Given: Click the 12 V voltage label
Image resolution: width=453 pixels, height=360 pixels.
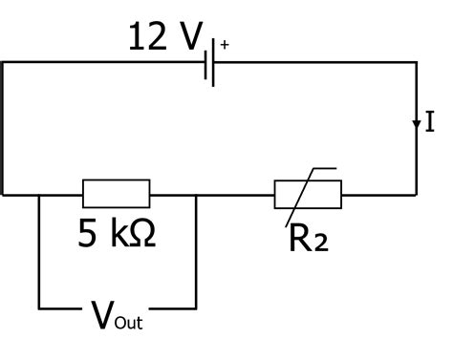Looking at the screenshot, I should (x=164, y=38).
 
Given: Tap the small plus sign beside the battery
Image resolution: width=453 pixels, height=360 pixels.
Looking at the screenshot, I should (x=226, y=44).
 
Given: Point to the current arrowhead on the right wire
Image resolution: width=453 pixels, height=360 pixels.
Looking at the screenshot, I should (x=417, y=124).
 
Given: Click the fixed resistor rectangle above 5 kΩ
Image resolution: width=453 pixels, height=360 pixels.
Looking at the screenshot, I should (x=116, y=194).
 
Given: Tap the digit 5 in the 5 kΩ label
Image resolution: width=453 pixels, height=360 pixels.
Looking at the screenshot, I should (x=88, y=233).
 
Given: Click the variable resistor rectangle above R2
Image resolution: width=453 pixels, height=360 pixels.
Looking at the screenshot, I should (x=308, y=194).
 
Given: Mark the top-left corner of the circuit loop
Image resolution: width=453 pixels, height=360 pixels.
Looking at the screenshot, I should (x=4, y=63).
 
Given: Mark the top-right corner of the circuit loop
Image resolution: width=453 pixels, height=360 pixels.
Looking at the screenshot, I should (x=417, y=63).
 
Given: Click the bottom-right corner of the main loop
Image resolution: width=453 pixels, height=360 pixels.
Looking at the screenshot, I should (x=417, y=194).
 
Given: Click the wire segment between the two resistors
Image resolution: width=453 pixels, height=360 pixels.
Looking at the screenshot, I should (x=234, y=194).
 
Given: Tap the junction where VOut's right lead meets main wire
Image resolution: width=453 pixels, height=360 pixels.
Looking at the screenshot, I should (x=195, y=194).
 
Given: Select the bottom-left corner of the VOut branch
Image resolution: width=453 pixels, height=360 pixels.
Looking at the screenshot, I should (x=39, y=308).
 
